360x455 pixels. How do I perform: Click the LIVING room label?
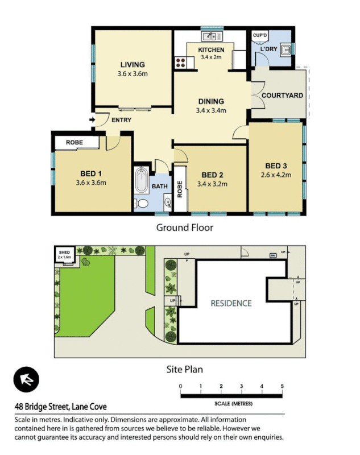click(132, 65)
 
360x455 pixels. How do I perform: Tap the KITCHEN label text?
click(211, 50)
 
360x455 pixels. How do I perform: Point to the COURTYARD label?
click(282, 96)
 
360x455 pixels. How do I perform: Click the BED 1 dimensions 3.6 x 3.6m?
click(91, 183)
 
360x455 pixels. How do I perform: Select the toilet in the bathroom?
click(143, 204)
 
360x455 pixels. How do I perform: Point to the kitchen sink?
click(211, 36)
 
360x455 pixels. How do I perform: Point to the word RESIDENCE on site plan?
click(231, 303)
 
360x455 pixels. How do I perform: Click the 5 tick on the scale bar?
click(282, 387)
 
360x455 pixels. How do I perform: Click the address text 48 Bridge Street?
click(60, 406)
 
